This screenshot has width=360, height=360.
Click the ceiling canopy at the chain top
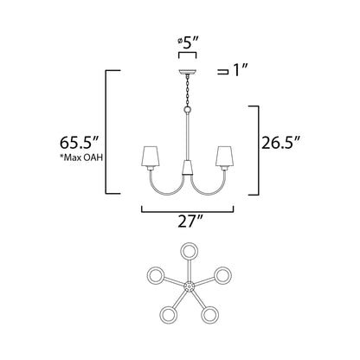[x=188, y=72]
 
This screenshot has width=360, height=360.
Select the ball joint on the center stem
[x=188, y=110]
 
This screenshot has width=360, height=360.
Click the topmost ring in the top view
[x=188, y=252]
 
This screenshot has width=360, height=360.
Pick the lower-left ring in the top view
[x=169, y=313]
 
